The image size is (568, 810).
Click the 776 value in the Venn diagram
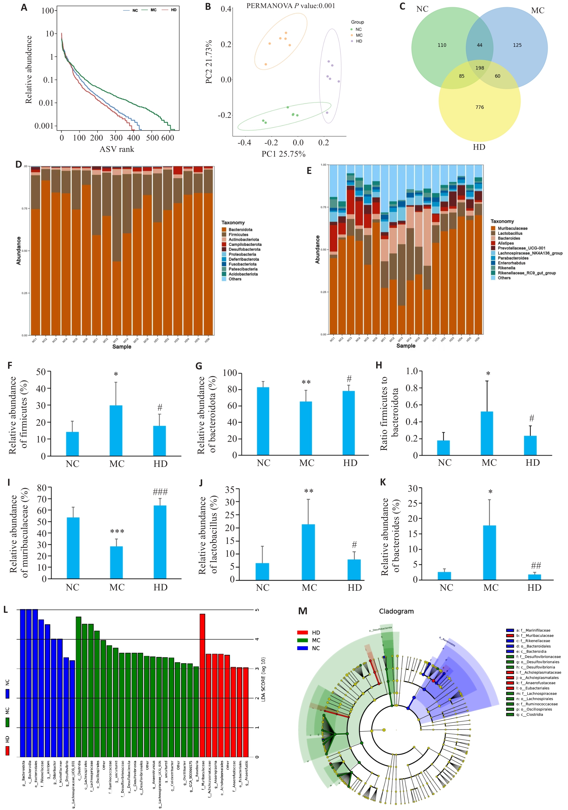pyautogui.click(x=479, y=107)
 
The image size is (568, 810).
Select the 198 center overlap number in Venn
pyautogui.click(x=479, y=68)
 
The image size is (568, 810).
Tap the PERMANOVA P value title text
pyautogui.click(x=291, y=6)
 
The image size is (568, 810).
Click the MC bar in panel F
pyautogui.click(x=116, y=431)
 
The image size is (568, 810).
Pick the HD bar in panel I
pyautogui.click(x=160, y=542)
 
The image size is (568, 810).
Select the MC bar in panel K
pyautogui.click(x=489, y=553)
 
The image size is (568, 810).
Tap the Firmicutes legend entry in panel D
pyautogui.click(x=238, y=234)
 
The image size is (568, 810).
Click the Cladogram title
pyautogui.click(x=396, y=611)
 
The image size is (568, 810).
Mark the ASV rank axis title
pyautogui.click(x=117, y=149)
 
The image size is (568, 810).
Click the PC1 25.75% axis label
pyautogui.click(x=283, y=154)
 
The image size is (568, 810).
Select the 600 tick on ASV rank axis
pyautogui.click(x=168, y=138)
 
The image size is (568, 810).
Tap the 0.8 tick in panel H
pyautogui.click(x=411, y=388)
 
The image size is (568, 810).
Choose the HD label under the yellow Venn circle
pyautogui.click(x=479, y=147)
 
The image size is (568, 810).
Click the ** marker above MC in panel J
pyautogui.click(x=309, y=491)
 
